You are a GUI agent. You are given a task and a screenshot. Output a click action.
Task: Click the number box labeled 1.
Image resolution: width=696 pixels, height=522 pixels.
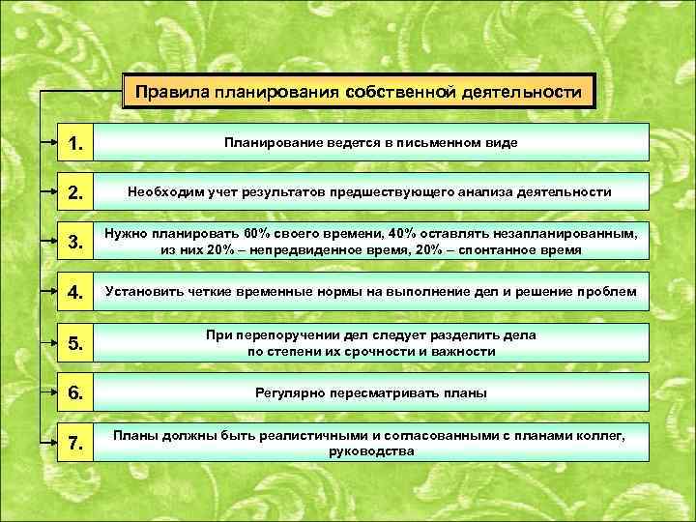74,143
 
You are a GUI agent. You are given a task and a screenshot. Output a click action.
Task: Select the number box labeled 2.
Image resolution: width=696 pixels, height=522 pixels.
74,192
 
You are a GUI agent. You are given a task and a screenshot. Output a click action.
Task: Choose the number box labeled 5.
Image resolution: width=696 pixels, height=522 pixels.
74,342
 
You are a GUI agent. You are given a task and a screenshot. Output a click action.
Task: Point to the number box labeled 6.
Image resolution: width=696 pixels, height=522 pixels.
74,392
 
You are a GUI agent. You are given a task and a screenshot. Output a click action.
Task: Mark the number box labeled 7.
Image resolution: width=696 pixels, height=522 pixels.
74,442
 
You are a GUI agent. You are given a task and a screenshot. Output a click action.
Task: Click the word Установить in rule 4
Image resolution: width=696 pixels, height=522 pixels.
145,292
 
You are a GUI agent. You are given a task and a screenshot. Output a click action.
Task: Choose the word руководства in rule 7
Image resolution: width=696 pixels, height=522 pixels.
371,450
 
